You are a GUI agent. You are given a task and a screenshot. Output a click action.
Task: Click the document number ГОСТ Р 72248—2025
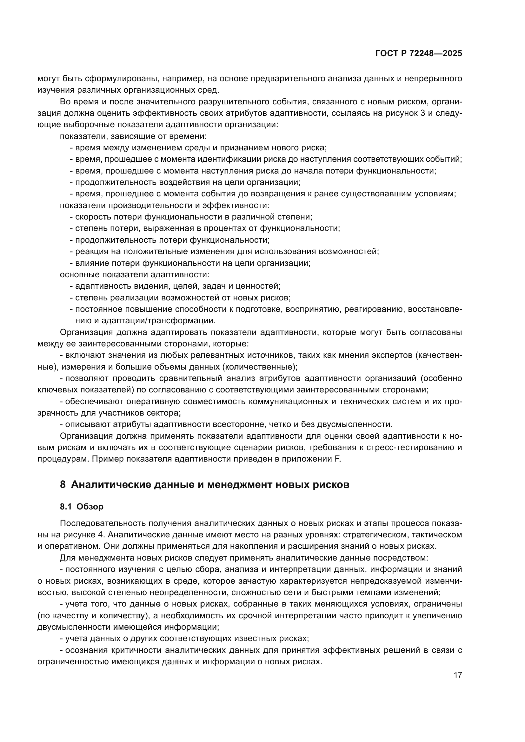click(419, 54)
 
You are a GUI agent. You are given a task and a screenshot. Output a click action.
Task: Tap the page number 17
click(458, 675)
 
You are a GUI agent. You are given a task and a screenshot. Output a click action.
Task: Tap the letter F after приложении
click(339, 459)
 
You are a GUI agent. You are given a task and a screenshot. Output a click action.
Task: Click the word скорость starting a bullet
click(91, 217)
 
